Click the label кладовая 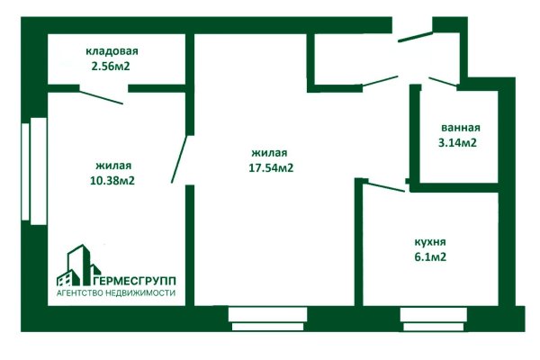tap(112, 50)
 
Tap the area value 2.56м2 tap(112, 66)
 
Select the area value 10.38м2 tap(113, 181)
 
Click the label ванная tap(460, 128)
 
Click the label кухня tap(429, 242)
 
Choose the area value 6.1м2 tap(429, 257)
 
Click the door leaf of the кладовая tap(101, 95)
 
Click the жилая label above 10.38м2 tap(113, 166)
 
